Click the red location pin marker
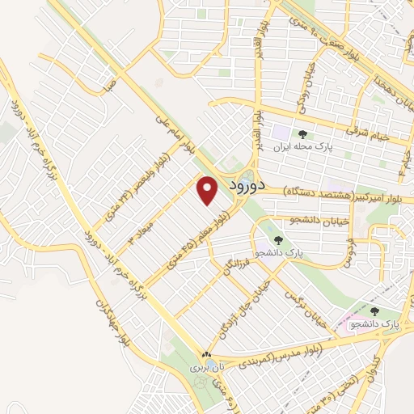208,191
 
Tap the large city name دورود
237,185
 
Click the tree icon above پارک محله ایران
303,134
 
